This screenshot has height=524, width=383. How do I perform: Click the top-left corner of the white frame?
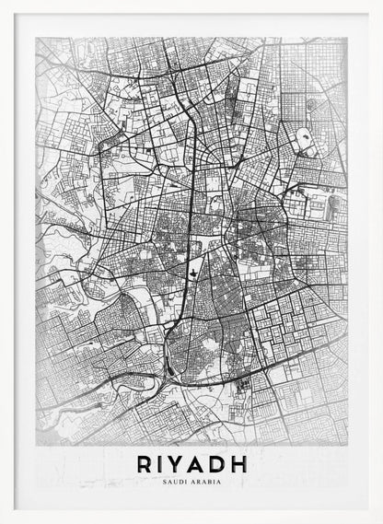point(3,3)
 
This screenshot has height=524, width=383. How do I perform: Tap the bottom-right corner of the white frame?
point(379,520)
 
